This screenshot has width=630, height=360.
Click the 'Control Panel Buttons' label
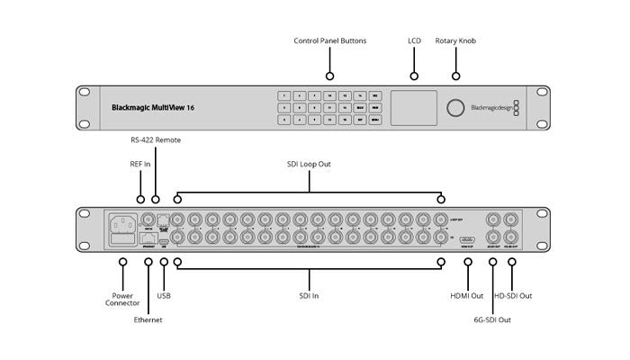[329, 41]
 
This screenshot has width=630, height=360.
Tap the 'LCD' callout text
[414, 41]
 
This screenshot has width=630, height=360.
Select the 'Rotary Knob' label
[456, 41]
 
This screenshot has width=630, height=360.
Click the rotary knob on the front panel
[456, 107]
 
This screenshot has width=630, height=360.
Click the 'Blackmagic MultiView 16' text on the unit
[152, 107]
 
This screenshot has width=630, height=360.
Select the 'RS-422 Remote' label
[156, 139]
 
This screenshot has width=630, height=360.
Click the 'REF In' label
[140, 165]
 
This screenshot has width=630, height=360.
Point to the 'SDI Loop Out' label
[309, 165]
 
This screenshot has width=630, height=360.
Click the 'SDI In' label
[309, 295]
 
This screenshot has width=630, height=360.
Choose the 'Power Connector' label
[122, 300]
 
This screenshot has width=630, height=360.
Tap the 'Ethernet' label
[149, 319]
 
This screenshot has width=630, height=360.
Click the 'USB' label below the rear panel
[163, 295]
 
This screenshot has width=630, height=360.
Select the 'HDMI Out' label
[468, 295]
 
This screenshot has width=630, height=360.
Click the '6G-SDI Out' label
[492, 319]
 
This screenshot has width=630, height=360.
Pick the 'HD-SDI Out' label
[513, 295]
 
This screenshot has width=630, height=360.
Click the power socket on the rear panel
[122, 222]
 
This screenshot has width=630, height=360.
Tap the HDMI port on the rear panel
[468, 240]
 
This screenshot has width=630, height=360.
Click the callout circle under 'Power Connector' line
[122, 262]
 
